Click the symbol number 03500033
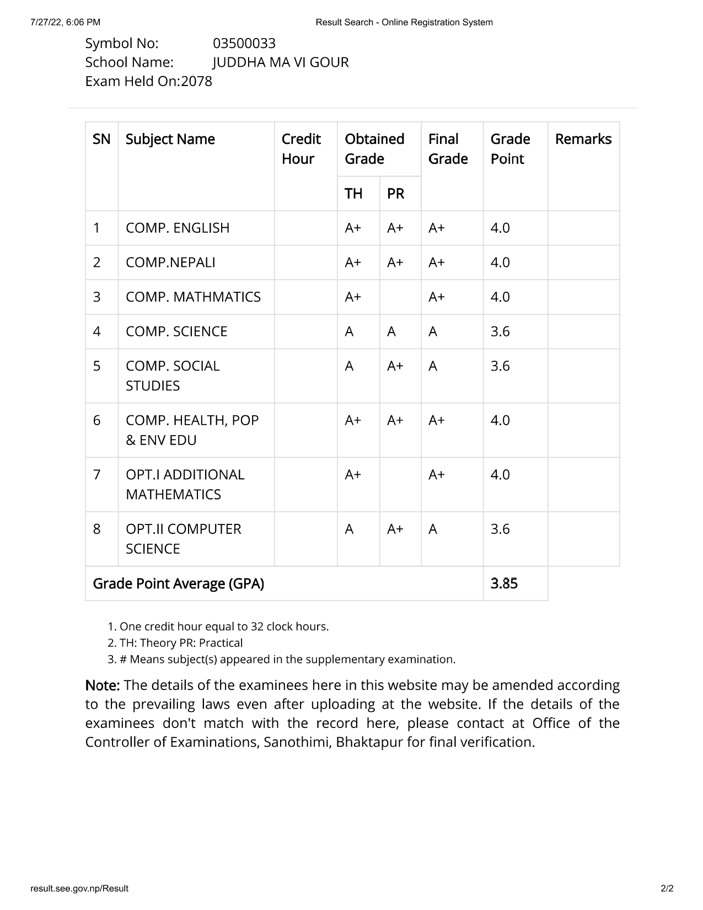point(244,44)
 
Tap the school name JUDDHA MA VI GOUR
point(281,62)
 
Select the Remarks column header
point(583,139)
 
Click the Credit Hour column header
point(301,149)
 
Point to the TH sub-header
point(353,194)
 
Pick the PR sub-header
point(395,194)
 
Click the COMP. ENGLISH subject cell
point(178,228)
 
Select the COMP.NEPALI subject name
point(170,263)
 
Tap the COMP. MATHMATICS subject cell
point(193,297)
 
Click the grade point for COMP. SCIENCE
point(500,331)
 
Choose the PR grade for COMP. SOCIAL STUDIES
point(395,366)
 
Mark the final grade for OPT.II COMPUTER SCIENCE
point(433,529)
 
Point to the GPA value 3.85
point(504,584)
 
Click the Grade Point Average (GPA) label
point(178,584)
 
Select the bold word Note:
point(103,686)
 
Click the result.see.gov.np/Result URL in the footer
point(79,888)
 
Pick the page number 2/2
point(667,888)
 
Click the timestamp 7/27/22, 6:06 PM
point(66,22)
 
